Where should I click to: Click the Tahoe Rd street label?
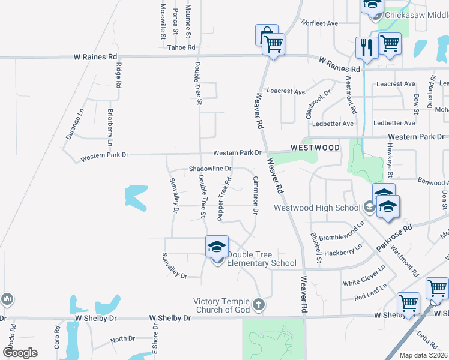(181, 47)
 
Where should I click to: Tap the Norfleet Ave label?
(321, 23)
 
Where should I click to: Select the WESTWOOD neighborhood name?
(315, 147)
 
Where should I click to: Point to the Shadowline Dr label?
(210, 169)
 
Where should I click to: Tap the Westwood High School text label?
(317, 208)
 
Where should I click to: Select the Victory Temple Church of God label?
(221, 305)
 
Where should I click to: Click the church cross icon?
(259, 304)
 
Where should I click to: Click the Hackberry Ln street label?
(343, 250)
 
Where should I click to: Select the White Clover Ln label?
(364, 274)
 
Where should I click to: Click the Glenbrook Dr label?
(318, 104)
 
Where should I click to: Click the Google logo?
(20, 353)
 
